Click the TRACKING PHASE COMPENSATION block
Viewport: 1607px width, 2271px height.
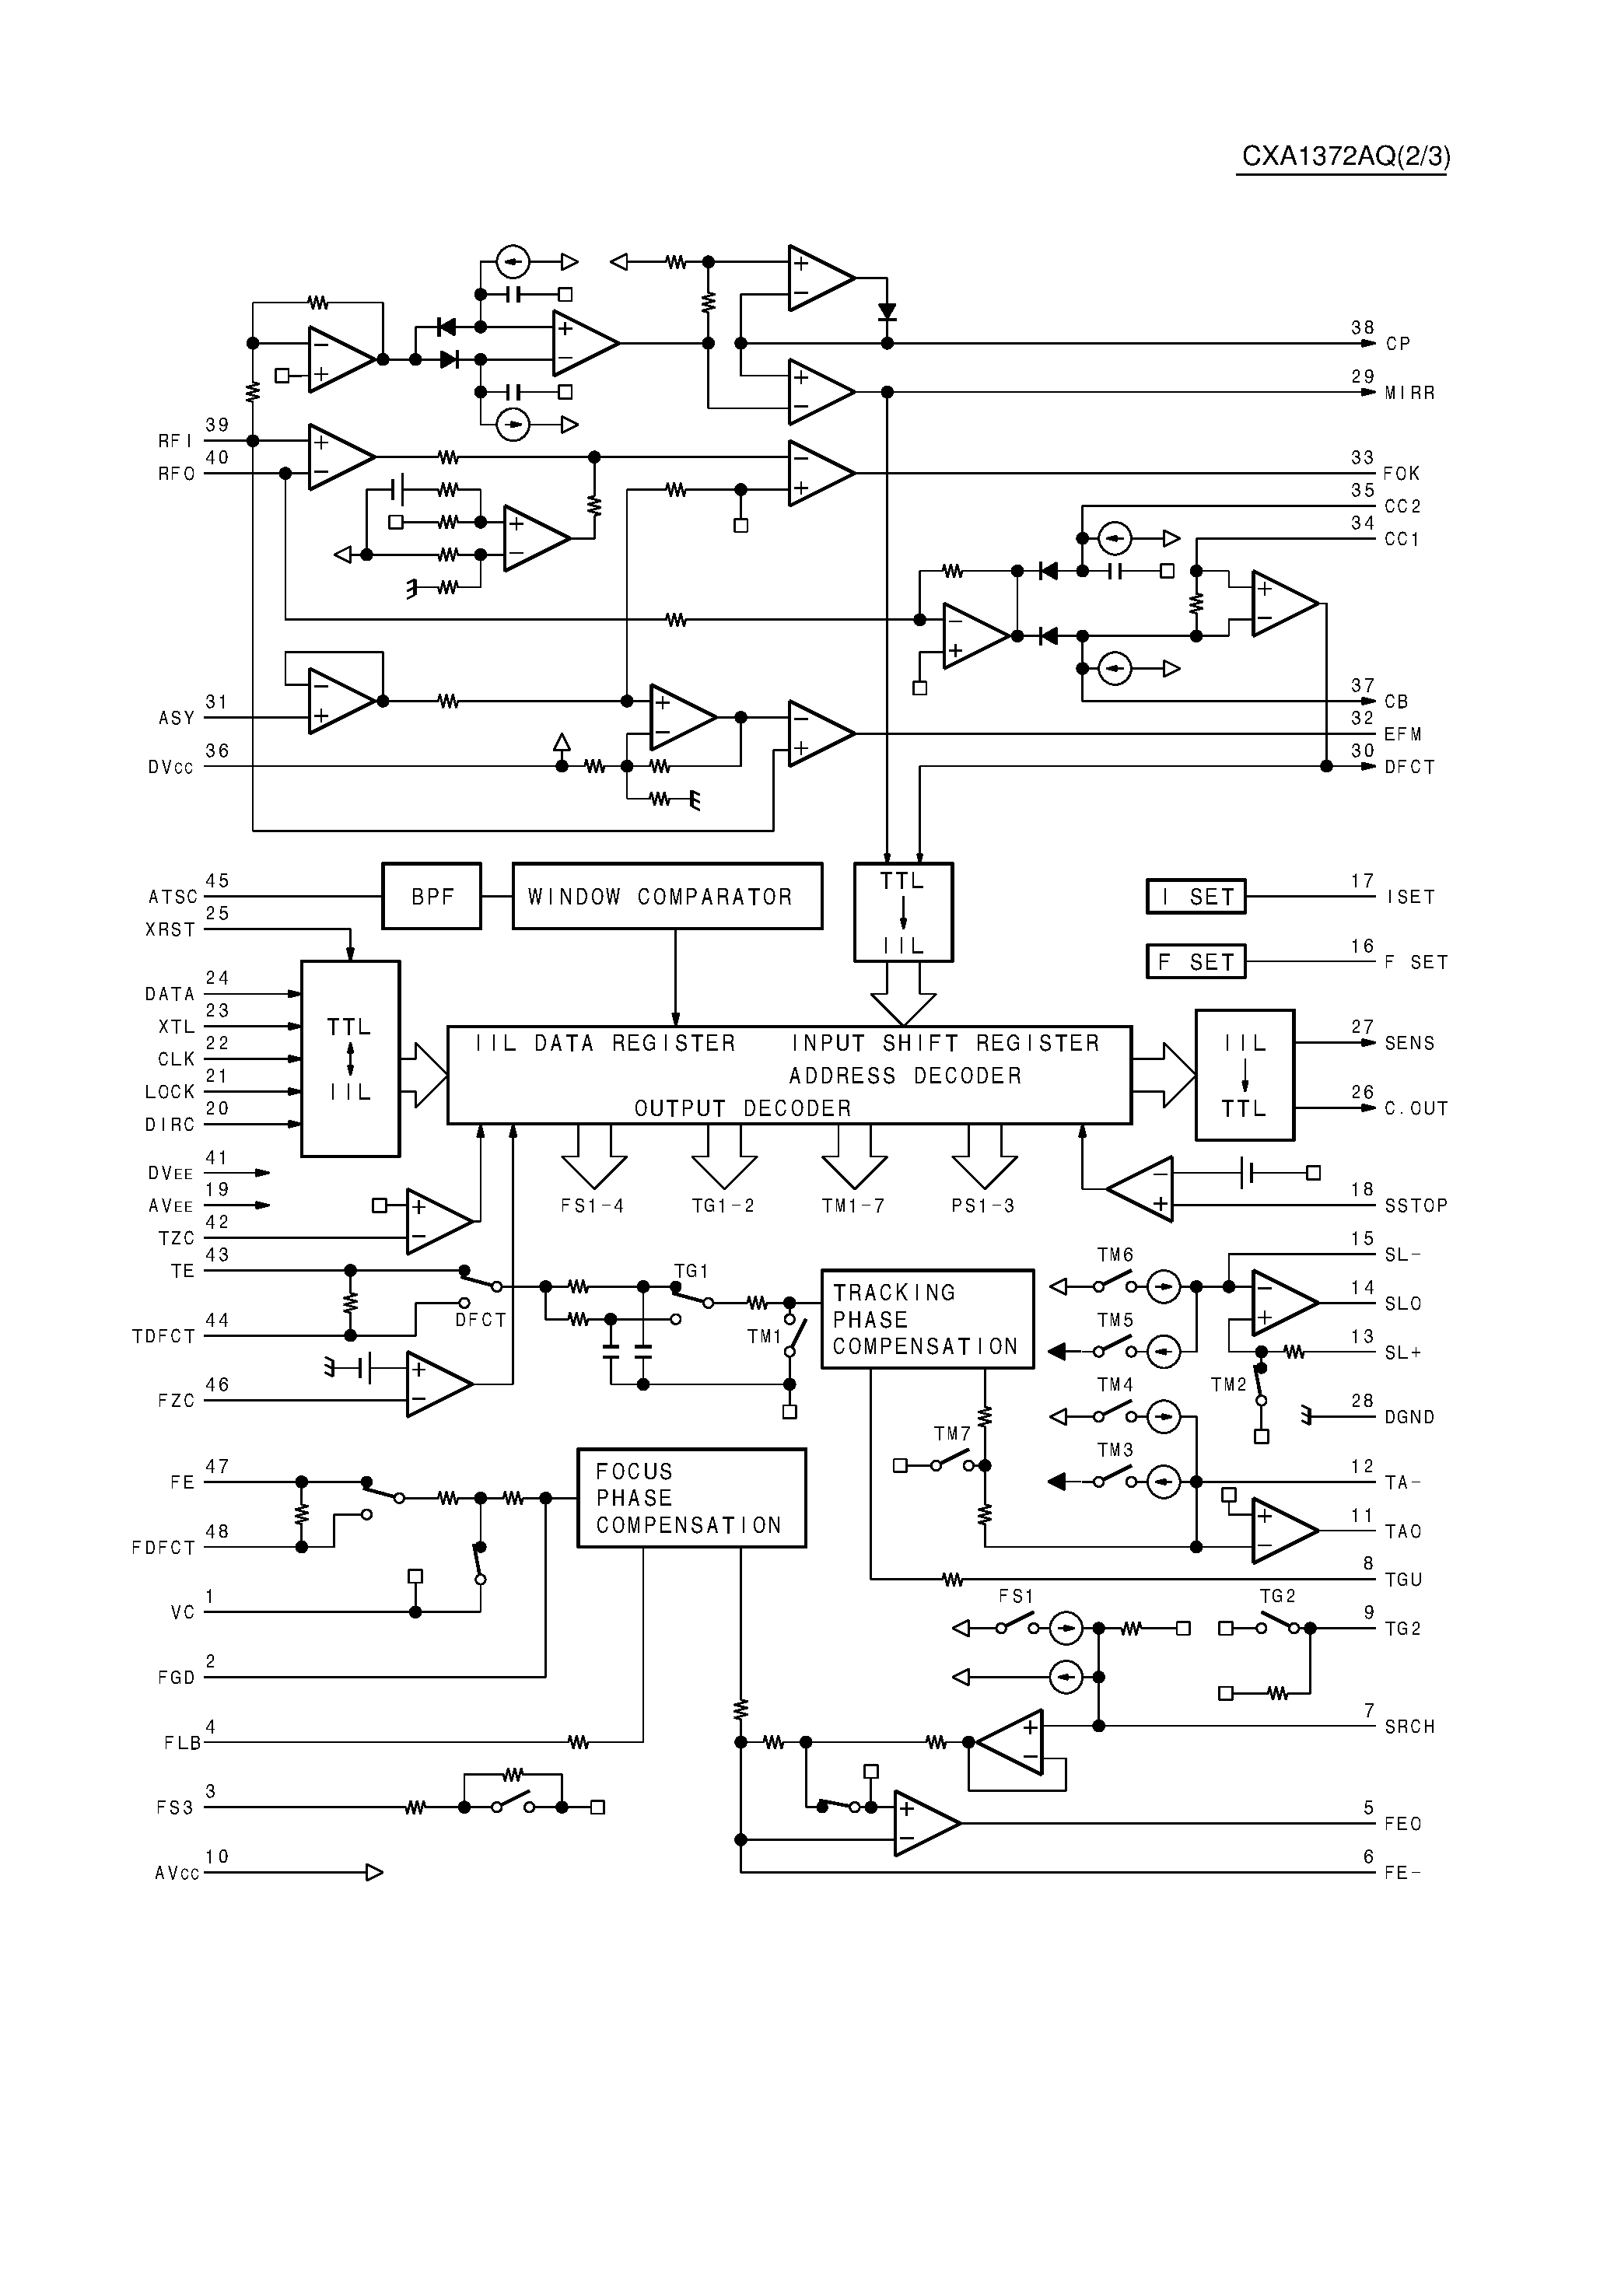[x=927, y=1320]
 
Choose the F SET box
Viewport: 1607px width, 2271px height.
[x=1196, y=961]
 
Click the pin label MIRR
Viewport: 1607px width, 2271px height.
[x=1409, y=393]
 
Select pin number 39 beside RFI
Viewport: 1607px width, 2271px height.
[x=217, y=425]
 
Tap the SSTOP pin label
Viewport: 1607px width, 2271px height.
[x=1415, y=1205]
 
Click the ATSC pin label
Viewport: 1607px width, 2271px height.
[x=173, y=898]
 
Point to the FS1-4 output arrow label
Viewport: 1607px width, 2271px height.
[x=593, y=1205]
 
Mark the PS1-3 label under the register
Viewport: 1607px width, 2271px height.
[x=982, y=1205]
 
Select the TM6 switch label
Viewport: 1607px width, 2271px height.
[x=1115, y=1255]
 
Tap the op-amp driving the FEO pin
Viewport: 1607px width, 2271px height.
[x=925, y=1823]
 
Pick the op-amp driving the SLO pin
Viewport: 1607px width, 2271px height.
[x=1283, y=1303]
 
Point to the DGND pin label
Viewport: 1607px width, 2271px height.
[x=1409, y=1416]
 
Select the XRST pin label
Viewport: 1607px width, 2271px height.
[x=170, y=929]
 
